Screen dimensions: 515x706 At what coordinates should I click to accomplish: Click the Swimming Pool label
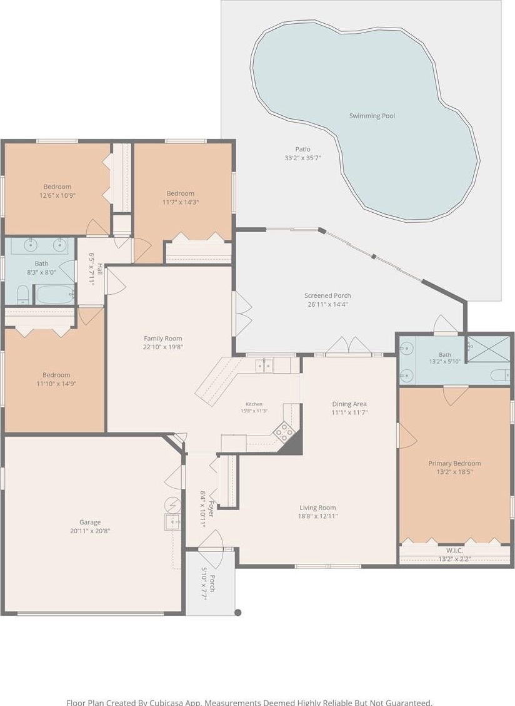tap(372, 116)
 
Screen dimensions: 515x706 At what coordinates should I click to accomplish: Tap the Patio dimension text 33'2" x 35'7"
tap(302, 158)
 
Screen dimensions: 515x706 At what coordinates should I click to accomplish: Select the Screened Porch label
tap(327, 295)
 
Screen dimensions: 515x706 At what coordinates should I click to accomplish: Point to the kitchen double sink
tap(264, 366)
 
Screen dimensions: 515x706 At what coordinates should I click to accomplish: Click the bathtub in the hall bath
tap(55, 294)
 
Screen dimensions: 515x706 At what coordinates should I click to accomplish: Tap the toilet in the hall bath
tap(22, 294)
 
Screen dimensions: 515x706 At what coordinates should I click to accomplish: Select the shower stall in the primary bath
tap(489, 349)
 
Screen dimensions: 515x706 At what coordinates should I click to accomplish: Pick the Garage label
tap(90, 522)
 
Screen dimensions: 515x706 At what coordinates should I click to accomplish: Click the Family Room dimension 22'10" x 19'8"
tap(163, 347)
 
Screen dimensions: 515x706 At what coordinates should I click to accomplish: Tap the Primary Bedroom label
tap(454, 463)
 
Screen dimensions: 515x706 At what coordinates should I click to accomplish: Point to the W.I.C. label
tap(454, 550)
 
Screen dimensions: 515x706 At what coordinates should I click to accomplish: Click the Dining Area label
tap(349, 404)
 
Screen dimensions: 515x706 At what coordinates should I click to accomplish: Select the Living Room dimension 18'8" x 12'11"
tap(317, 516)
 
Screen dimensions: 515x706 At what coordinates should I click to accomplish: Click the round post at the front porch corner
tap(238, 612)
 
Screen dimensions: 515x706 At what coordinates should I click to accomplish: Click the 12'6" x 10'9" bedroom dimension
tap(57, 195)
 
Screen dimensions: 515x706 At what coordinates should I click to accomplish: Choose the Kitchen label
tap(254, 404)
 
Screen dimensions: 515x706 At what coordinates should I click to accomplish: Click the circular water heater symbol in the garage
tap(172, 504)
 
